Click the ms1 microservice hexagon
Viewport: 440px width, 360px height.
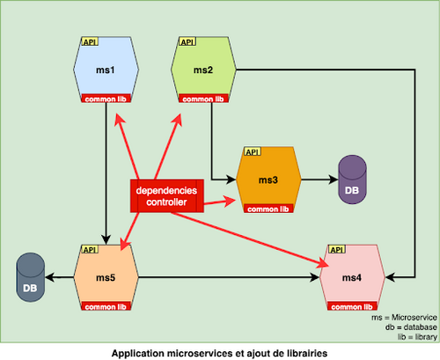pyautogui.click(x=106, y=70)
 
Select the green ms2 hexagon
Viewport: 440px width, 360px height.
pyautogui.click(x=203, y=70)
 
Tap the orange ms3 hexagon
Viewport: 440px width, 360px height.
pyautogui.click(x=268, y=180)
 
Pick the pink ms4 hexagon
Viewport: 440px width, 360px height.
pyautogui.click(x=352, y=277)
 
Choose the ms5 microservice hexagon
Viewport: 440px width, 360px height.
pyautogui.click(x=106, y=277)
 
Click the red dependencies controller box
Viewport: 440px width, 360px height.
pyautogui.click(x=167, y=195)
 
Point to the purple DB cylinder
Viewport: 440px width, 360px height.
pyautogui.click(x=352, y=180)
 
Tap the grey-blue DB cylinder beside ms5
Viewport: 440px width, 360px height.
pyautogui.click(x=31, y=277)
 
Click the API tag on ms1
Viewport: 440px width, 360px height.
pyautogui.click(x=90, y=42)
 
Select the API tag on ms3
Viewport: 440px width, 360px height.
pyautogui.click(x=253, y=152)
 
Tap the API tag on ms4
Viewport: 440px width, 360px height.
pyautogui.click(x=337, y=250)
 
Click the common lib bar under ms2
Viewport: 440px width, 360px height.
pyautogui.click(x=203, y=99)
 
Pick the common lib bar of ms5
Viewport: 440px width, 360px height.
pyautogui.click(x=106, y=306)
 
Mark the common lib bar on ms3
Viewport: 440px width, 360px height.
pyautogui.click(x=268, y=209)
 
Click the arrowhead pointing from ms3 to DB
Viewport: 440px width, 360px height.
pyautogui.click(x=334, y=180)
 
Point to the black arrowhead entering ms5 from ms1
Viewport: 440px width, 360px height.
pyautogui.click(x=106, y=239)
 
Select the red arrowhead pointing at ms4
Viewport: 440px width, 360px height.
pyautogui.click(x=323, y=263)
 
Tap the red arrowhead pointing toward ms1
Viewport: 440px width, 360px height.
pyautogui.click(x=119, y=120)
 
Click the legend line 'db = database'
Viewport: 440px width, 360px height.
pyautogui.click(x=411, y=327)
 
